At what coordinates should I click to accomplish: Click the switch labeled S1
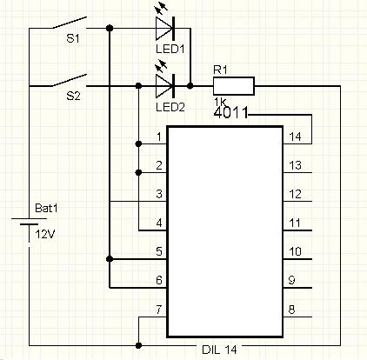[x=70, y=23]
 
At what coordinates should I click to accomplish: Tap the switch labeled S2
[x=70, y=81]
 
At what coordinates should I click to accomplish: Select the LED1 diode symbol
[x=165, y=29]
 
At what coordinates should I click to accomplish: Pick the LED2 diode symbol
[x=165, y=86]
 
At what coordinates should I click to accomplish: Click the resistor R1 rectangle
[x=234, y=86]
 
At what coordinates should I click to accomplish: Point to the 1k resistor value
[x=220, y=102]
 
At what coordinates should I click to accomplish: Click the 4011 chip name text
[x=231, y=112]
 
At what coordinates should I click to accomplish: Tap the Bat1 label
[x=46, y=208]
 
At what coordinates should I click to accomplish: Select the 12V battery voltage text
[x=45, y=234]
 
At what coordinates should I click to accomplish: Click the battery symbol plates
[x=29, y=222]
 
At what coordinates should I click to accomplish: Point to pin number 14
[x=295, y=137]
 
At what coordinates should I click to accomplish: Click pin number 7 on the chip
[x=158, y=310]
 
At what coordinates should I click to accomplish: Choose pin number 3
[x=159, y=194]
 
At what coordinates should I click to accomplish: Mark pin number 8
[x=292, y=310]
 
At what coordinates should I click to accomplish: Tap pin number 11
[x=295, y=223]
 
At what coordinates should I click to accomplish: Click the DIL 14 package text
[x=219, y=350]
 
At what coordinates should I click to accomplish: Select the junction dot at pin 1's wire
[x=138, y=143]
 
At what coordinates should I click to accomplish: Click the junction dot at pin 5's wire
[x=110, y=258]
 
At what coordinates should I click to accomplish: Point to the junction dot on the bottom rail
[x=138, y=345]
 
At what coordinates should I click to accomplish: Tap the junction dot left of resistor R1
[x=190, y=86]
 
